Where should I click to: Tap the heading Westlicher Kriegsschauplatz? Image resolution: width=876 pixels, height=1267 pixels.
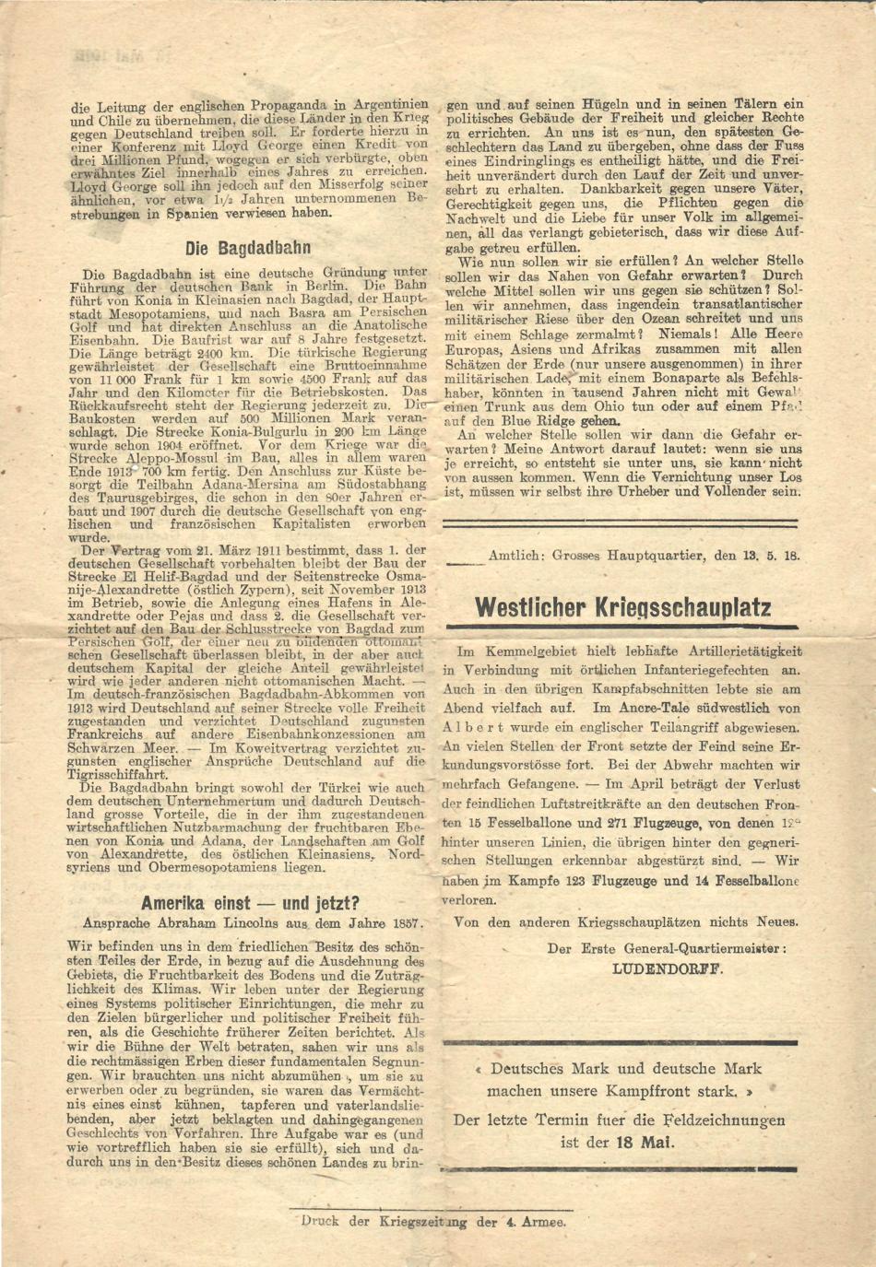click(x=622, y=608)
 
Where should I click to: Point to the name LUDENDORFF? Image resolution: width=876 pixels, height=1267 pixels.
click(x=668, y=968)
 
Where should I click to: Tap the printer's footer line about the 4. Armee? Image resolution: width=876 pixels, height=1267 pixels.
click(x=433, y=1222)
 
